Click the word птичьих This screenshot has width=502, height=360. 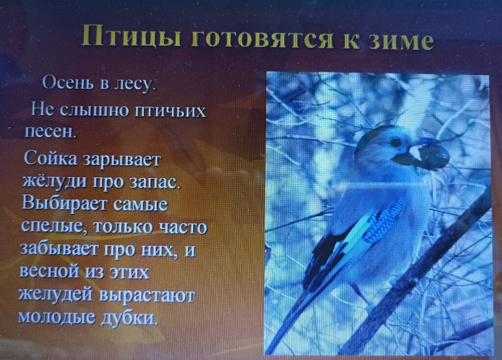point(170,111)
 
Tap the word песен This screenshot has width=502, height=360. point(50,131)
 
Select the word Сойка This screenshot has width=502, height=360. point(50,158)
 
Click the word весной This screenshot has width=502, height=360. point(50,271)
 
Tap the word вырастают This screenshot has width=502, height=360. point(147,295)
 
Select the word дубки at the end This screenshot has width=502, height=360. point(129,318)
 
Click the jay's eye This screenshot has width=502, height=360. point(396,142)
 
